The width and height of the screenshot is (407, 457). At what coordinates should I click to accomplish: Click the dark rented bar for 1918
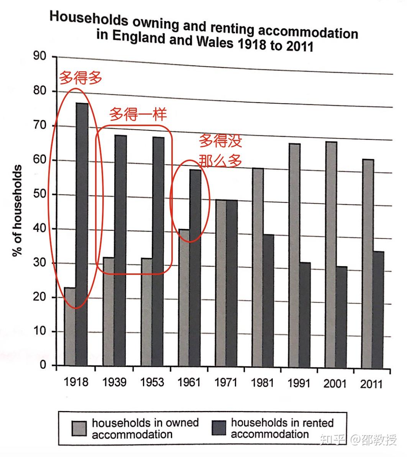pyautogui.click(x=82, y=234)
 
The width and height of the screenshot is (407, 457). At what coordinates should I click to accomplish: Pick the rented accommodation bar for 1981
pyautogui.click(x=268, y=301)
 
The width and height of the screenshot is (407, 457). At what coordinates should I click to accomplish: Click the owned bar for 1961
pyautogui.click(x=184, y=298)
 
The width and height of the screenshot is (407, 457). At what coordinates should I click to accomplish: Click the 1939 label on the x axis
pyautogui.click(x=115, y=383)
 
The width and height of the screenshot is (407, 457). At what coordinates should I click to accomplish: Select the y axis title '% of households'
pyautogui.click(x=17, y=211)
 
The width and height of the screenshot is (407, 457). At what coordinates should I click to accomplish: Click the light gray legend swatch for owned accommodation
pyautogui.click(x=79, y=429)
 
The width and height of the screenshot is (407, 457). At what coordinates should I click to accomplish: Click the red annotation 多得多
pyautogui.click(x=81, y=79)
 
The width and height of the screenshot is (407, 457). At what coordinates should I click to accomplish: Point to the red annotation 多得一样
pyautogui.click(x=138, y=114)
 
